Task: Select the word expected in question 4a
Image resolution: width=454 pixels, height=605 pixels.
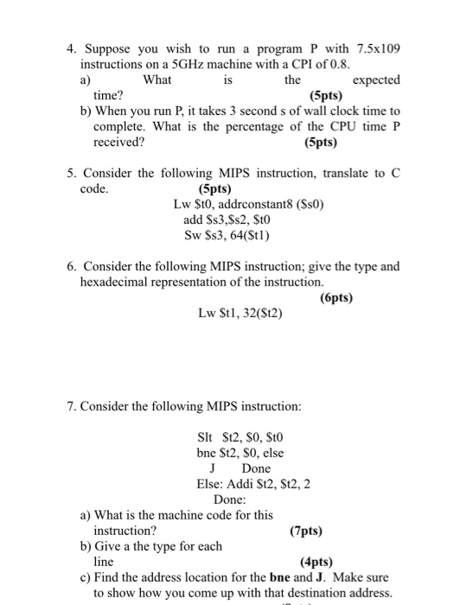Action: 376,80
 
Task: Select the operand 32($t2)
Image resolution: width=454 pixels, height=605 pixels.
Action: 255,315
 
